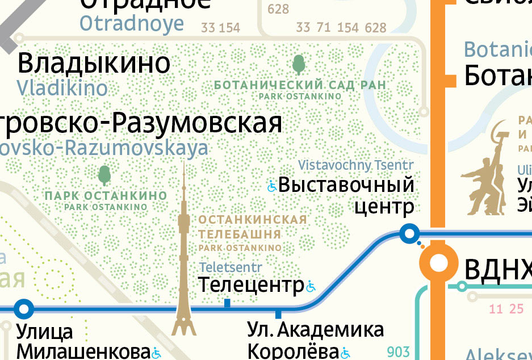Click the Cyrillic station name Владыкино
94,63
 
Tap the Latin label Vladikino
62,88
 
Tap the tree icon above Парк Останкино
104,175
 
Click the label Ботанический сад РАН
300,85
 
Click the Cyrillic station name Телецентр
251,285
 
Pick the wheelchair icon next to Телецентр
311,286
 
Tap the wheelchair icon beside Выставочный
272,185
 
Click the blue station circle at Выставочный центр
409,232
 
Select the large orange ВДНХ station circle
438,263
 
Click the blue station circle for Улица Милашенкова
23,308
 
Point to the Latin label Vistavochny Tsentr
356,165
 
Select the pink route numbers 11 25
506,309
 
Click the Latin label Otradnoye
132,24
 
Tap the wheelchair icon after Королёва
345,353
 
